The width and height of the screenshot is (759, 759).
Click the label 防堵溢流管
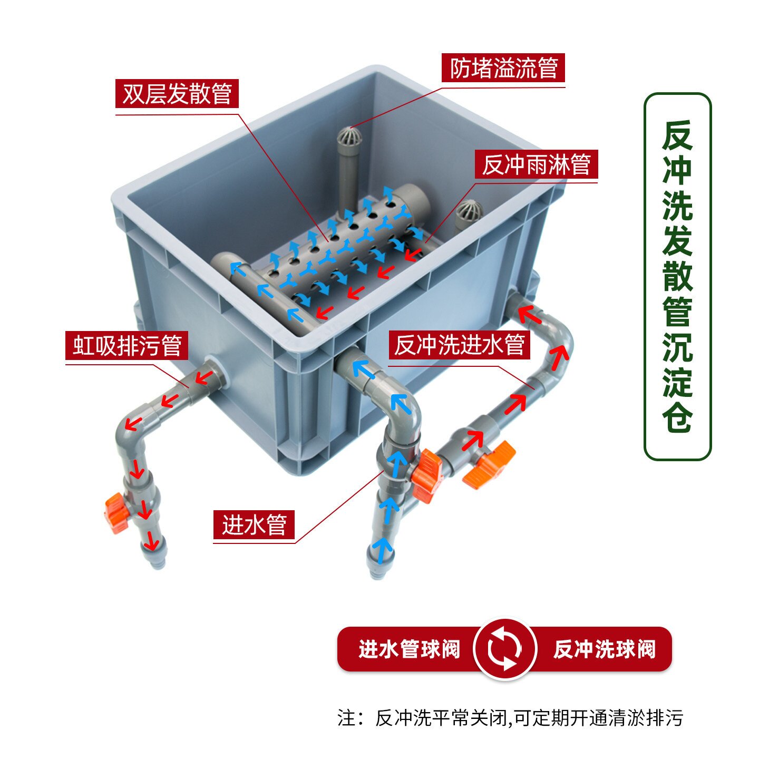click(x=503, y=68)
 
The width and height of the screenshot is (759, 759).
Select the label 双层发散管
click(x=177, y=94)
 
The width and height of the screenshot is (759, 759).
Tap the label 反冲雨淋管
click(x=536, y=164)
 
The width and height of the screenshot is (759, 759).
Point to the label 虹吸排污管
click(x=126, y=346)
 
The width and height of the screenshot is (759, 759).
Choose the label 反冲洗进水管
click(x=459, y=345)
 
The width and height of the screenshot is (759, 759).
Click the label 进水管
click(x=254, y=524)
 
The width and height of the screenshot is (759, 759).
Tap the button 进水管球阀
click(x=409, y=649)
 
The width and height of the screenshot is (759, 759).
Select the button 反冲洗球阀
click(x=604, y=649)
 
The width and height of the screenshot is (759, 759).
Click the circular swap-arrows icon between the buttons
click(x=505, y=649)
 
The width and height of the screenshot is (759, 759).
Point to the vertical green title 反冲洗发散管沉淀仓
click(x=677, y=276)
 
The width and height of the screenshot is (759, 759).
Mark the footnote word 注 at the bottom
click(x=347, y=718)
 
